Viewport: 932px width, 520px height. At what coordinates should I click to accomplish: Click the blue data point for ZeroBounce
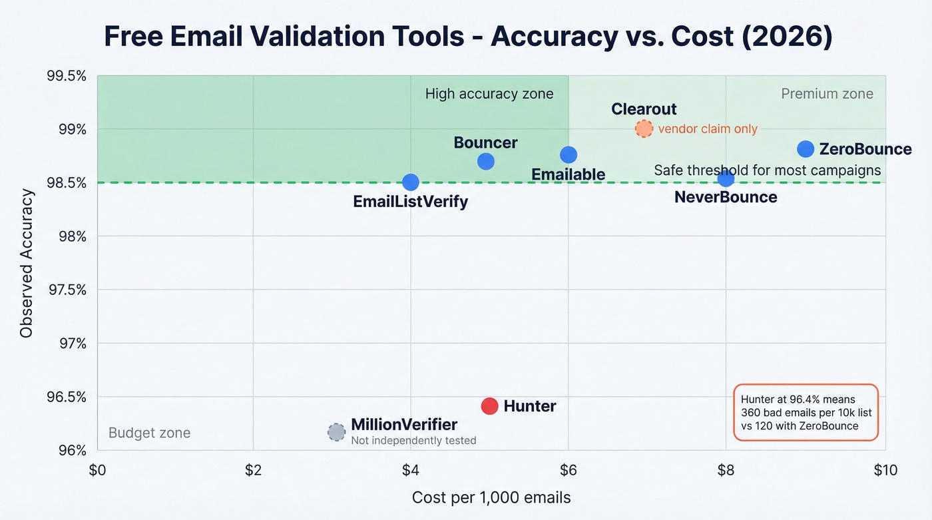tap(806, 148)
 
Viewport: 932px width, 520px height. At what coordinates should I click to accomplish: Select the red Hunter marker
tap(489, 406)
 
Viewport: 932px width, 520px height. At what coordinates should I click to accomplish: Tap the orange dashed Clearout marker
tap(644, 129)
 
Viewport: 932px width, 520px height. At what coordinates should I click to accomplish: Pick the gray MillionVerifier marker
tap(337, 432)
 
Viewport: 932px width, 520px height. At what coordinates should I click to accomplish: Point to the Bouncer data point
tap(486, 161)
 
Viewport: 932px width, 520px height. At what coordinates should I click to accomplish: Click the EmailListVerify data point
tap(411, 182)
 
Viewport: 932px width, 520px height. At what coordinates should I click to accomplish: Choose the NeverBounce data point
tap(726, 178)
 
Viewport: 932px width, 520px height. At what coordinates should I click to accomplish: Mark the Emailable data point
tap(568, 154)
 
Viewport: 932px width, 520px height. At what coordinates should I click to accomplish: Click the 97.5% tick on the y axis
tap(67, 290)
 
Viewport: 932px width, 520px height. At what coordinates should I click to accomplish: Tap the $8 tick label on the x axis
tap(726, 471)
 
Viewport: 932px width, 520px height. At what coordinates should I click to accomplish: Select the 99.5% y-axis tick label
tap(67, 76)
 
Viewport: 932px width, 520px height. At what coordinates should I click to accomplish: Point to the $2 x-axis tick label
tap(253, 471)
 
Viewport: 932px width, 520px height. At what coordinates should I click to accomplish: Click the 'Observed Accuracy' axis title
tap(27, 263)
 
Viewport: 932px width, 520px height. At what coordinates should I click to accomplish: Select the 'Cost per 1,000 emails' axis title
tap(491, 497)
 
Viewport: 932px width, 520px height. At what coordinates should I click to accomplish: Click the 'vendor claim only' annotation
tap(708, 129)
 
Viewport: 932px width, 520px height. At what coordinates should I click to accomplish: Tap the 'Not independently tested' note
tap(413, 440)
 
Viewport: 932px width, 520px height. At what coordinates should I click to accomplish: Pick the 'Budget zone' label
tap(149, 433)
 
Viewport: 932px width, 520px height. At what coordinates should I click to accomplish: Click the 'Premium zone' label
tap(827, 94)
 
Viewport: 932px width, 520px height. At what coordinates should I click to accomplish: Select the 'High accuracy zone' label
tap(489, 94)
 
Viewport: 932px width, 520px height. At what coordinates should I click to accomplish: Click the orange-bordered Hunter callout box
tap(806, 412)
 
